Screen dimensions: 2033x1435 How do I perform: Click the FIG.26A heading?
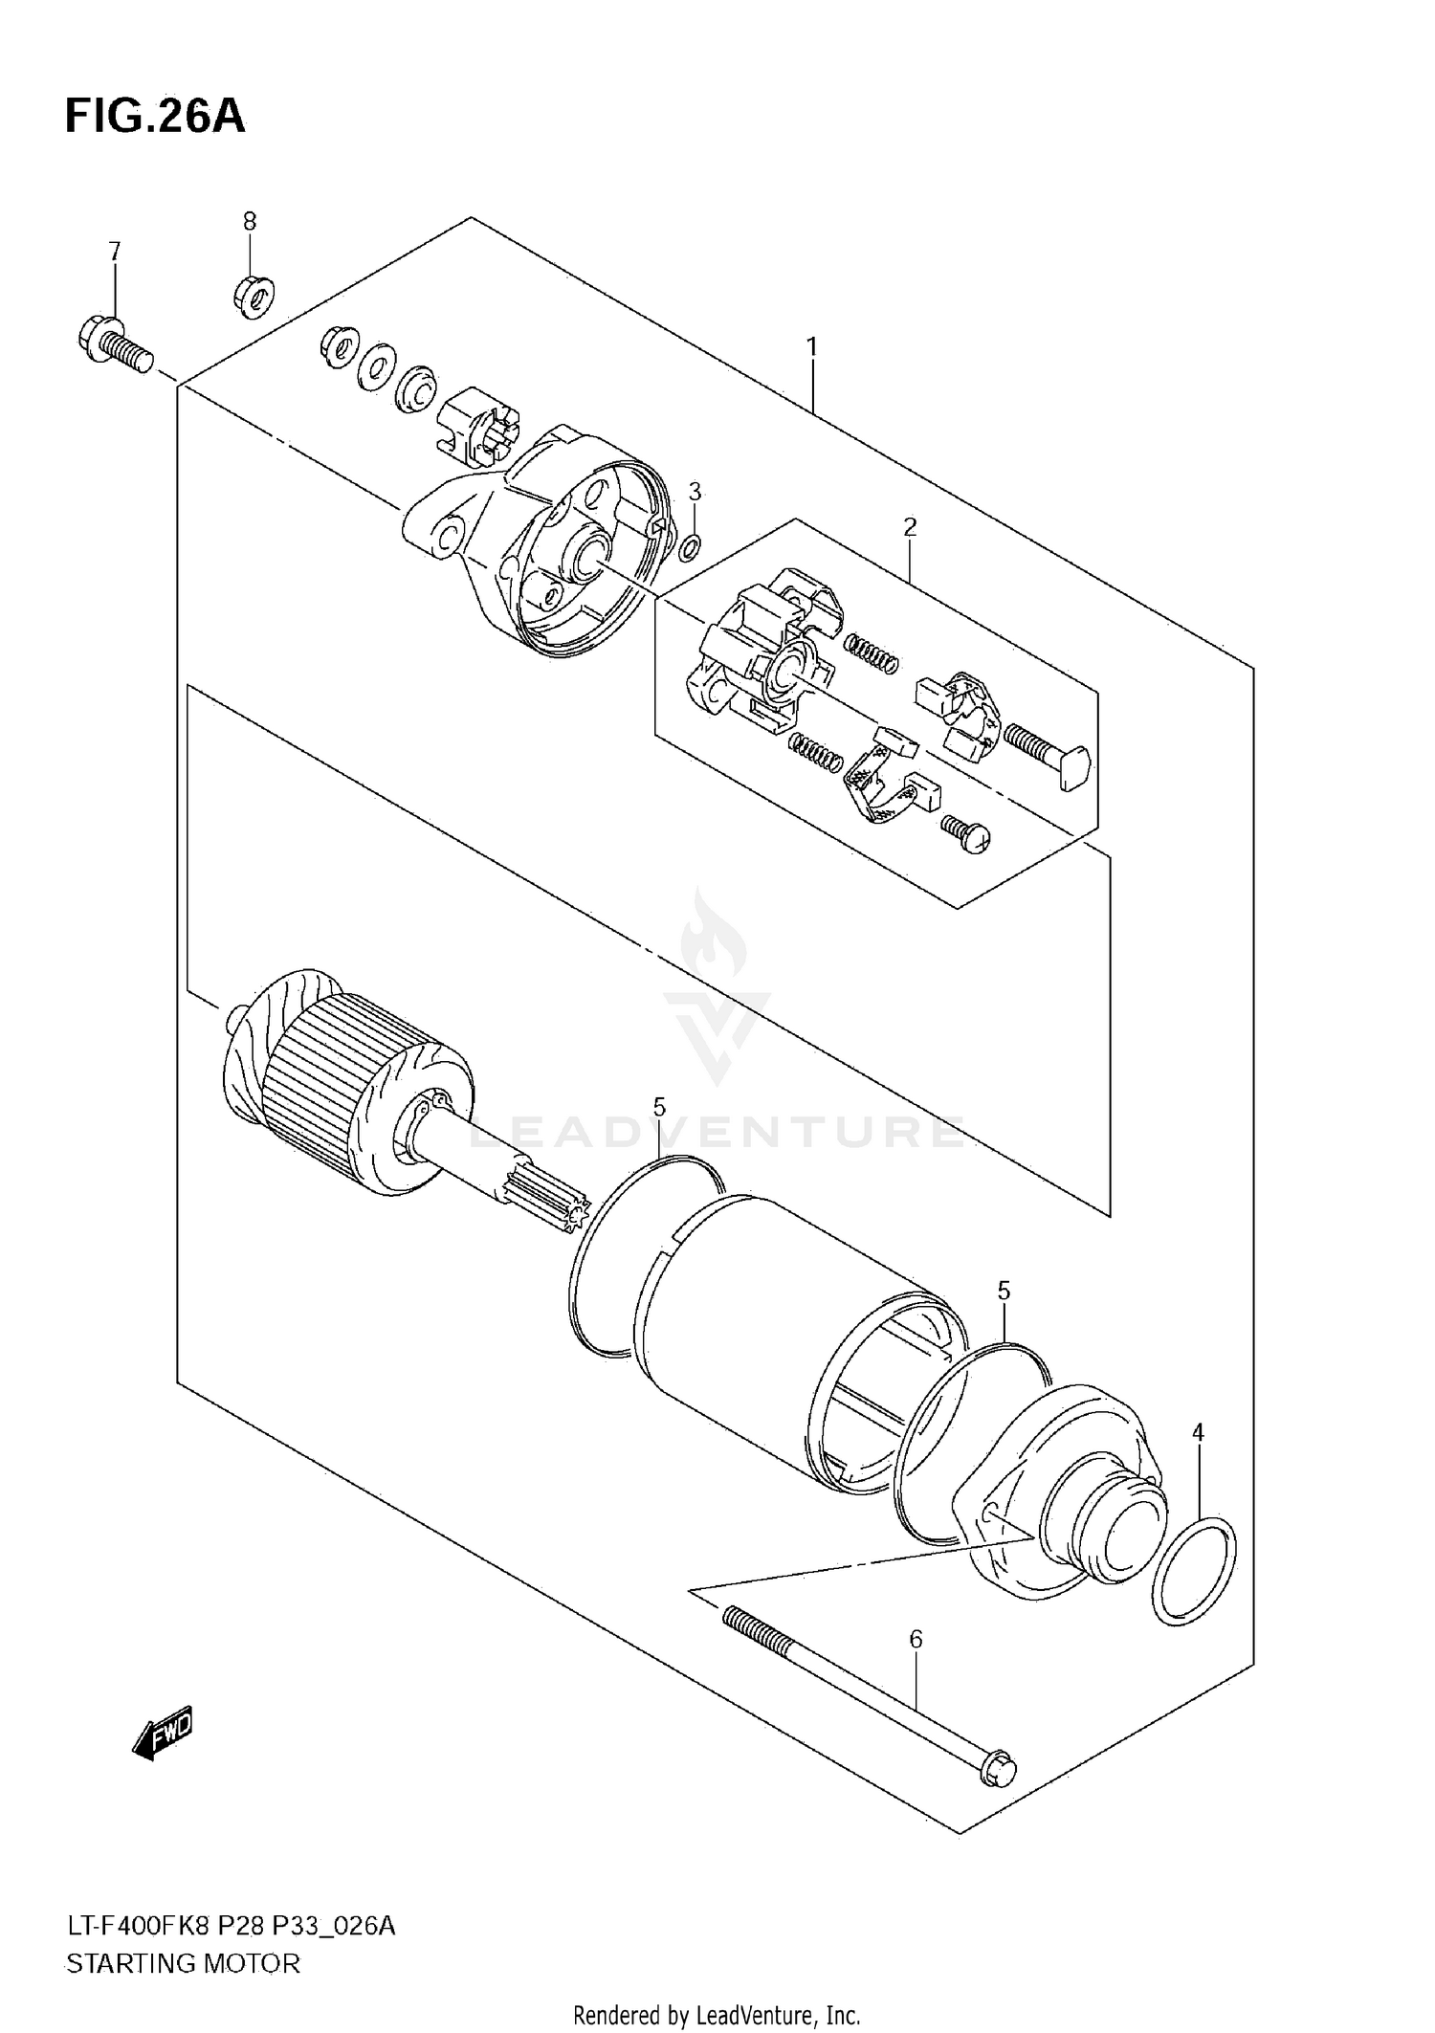(x=155, y=117)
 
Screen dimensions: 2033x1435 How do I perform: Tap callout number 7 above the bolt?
(x=115, y=252)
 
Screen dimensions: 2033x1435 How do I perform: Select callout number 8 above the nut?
(x=250, y=222)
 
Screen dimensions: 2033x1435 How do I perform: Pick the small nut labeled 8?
(x=254, y=298)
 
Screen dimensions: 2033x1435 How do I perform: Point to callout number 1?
(x=811, y=347)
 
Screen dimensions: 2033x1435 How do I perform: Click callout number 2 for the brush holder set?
(x=910, y=526)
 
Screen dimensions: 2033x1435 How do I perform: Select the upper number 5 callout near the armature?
(x=659, y=1108)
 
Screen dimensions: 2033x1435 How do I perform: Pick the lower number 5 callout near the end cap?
(x=1004, y=1291)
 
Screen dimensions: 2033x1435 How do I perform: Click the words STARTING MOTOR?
(x=183, y=1964)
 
